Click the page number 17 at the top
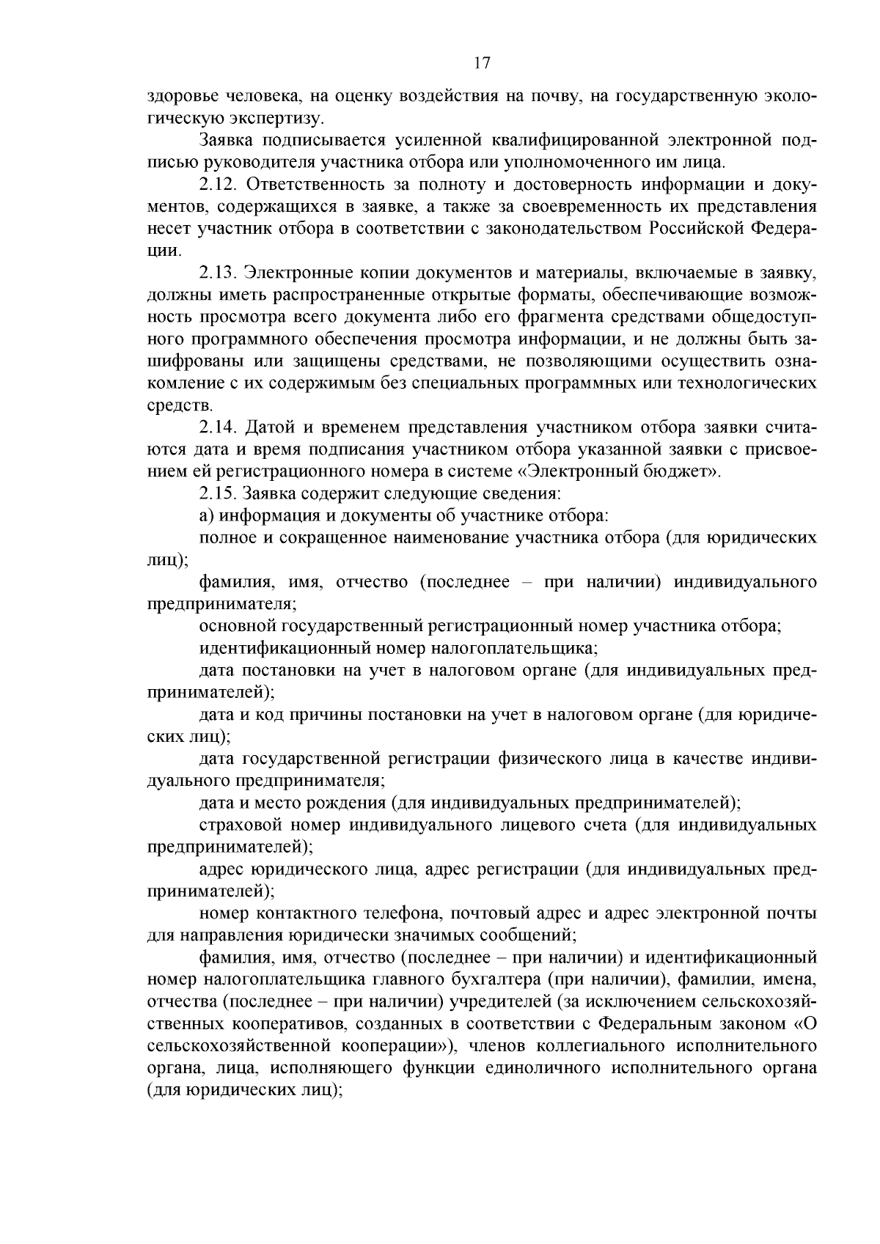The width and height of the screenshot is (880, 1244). click(x=482, y=63)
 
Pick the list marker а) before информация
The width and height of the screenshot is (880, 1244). click(x=207, y=515)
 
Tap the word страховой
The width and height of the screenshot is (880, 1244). click(x=240, y=825)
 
